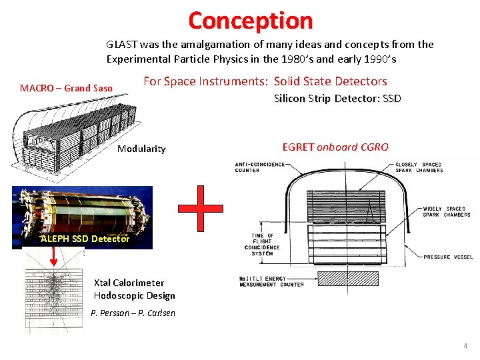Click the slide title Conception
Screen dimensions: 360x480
pyautogui.click(x=250, y=20)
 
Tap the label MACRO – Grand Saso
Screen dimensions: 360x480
pyautogui.click(x=66, y=88)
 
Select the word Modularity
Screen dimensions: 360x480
pyautogui.click(x=141, y=149)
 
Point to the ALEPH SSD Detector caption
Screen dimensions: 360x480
pyautogui.click(x=85, y=239)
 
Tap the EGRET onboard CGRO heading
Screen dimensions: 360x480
pyautogui.click(x=335, y=147)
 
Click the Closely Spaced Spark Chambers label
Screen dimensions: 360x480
pyautogui.click(x=419, y=167)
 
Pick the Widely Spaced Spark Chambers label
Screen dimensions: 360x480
pyautogui.click(x=446, y=211)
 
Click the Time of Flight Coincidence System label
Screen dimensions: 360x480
pyautogui.click(x=262, y=245)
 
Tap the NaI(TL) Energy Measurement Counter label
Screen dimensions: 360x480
pyautogui.click(x=271, y=281)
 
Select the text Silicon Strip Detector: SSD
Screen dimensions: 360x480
pyautogui.click(x=337, y=99)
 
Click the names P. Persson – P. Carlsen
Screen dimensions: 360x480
pyautogui.click(x=133, y=313)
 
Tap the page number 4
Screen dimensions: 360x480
pyautogui.click(x=465, y=347)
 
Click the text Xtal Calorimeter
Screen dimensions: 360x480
pyautogui.click(x=129, y=283)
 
